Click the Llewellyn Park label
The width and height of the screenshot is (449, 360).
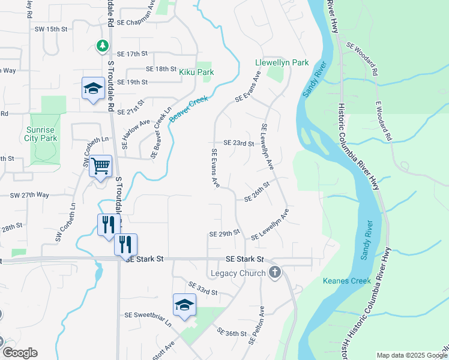282,62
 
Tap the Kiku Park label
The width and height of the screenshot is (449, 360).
196,72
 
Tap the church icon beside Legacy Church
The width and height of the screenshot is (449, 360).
275,273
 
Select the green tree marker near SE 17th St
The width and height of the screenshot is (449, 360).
103,45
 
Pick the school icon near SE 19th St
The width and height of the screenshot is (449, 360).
94,89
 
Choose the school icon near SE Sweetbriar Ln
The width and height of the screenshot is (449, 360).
184,305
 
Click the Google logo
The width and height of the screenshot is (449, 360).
19,353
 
